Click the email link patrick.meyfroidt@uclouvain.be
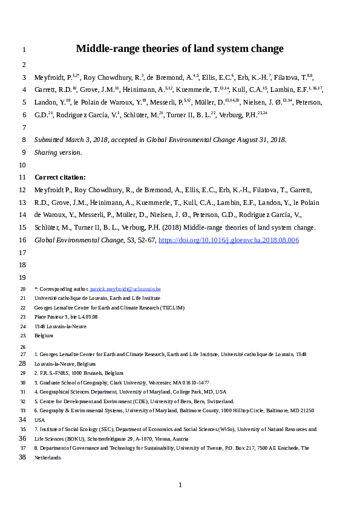click(x=125, y=290)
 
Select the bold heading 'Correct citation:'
click(x=61, y=177)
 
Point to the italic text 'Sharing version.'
click(x=57, y=152)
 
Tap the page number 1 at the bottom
click(x=180, y=485)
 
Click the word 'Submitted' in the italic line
click(x=53, y=140)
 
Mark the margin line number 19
click(x=23, y=277)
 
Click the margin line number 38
click(x=23, y=458)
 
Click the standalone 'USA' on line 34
click(x=39, y=420)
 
